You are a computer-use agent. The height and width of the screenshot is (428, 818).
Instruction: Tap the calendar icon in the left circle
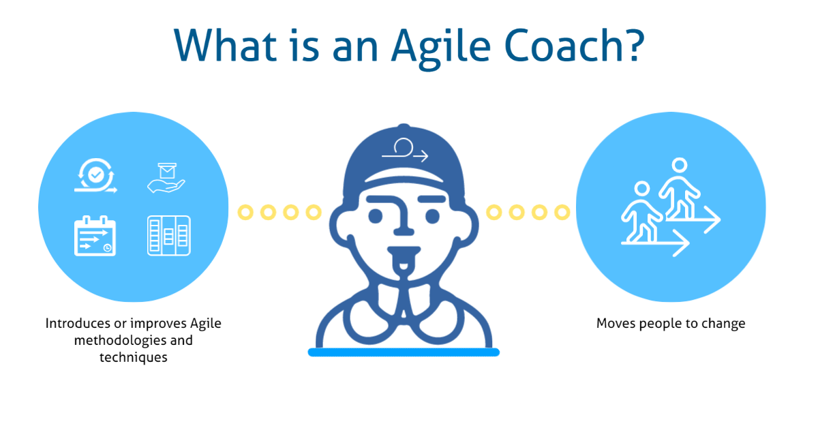point(95,235)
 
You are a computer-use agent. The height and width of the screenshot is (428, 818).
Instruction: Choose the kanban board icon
point(168,236)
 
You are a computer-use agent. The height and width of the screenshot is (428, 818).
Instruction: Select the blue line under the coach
point(404,352)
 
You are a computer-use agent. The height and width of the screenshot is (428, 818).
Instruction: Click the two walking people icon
point(669,208)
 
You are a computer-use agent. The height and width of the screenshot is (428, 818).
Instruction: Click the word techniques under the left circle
point(134,356)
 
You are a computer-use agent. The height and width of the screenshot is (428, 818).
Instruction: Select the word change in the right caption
point(725,323)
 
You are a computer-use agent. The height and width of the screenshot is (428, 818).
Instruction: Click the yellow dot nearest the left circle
point(246,213)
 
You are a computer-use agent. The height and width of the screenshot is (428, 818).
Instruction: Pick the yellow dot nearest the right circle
point(562,213)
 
